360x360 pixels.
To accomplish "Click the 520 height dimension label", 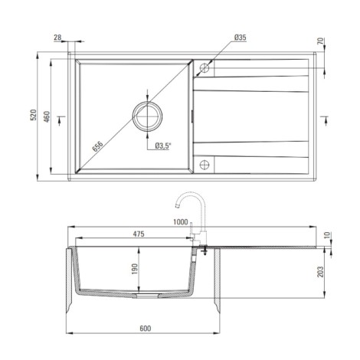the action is point(34,115).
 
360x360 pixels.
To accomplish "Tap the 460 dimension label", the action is point(47,116).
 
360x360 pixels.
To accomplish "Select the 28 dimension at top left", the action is point(57,38).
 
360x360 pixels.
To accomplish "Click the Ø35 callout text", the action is point(240,38).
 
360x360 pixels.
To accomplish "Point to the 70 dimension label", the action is point(320,41).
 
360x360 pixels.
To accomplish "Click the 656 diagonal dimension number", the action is point(98,146).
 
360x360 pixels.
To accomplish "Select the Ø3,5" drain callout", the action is point(163,146).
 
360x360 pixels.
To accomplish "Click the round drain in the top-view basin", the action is point(147,116).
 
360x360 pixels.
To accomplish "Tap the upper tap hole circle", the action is point(205,68).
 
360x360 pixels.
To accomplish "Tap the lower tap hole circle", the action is point(205,165).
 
